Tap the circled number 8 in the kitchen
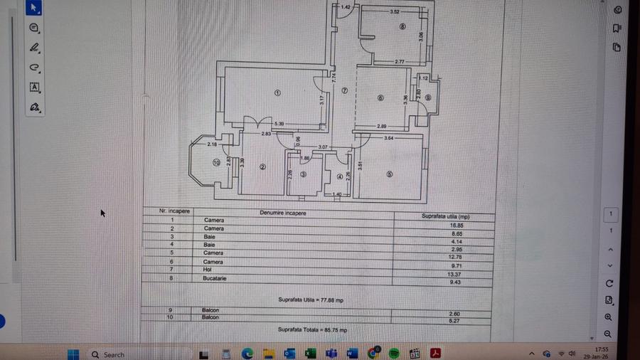point(402,28)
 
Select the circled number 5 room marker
point(389,174)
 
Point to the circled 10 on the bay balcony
point(216,162)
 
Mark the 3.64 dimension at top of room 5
point(388,137)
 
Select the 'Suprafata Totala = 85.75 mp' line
point(313,330)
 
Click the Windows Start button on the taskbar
point(73,354)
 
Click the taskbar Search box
point(114,354)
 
